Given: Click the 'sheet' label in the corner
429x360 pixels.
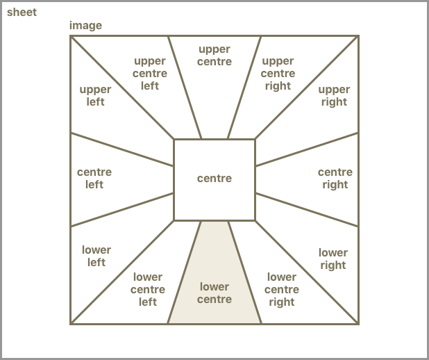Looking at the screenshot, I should tap(22, 13).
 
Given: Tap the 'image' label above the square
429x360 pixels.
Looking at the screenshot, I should tap(85, 26).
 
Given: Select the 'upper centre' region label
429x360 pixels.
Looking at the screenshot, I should tap(214, 56).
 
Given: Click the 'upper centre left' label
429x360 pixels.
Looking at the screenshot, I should tap(150, 73).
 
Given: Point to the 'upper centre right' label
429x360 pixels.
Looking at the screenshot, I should tap(278, 73).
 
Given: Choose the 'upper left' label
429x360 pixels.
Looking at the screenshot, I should tap(96, 96).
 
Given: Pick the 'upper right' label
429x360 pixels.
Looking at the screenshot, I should tap(334, 96).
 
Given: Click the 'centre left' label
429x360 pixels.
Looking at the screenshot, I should tap(94, 178).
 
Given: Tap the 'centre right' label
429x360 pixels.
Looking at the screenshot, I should tap(335, 178).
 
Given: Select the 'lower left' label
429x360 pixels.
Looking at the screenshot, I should tap(96, 256).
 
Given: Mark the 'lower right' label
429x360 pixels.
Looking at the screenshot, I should tap(333, 259).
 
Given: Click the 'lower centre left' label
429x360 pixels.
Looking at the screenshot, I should tap(148, 289).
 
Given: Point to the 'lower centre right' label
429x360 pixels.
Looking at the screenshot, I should tap(281, 289).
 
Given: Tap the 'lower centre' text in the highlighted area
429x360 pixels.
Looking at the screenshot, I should tap(214, 293).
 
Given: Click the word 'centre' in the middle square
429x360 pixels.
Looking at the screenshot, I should tap(214, 179).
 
